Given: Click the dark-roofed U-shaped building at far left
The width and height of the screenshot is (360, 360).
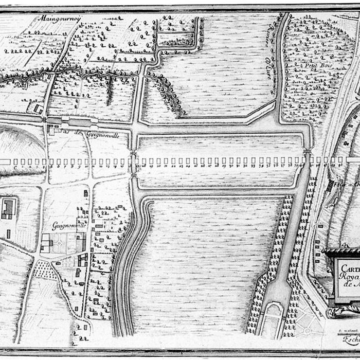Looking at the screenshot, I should click(8, 209).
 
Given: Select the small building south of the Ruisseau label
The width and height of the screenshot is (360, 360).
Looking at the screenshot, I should click(38, 109).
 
